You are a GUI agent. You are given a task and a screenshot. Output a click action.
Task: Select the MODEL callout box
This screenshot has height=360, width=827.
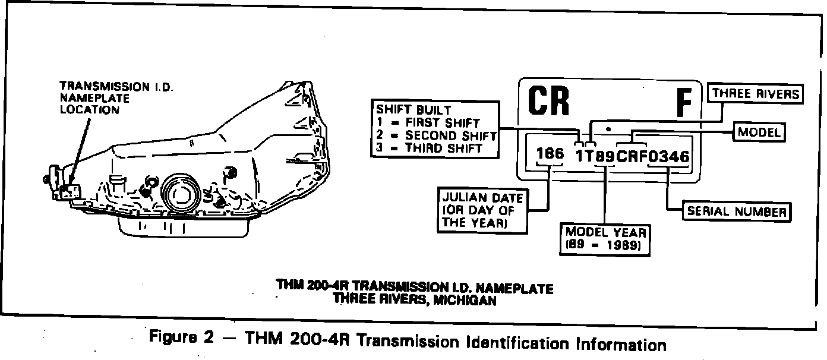tap(759, 132)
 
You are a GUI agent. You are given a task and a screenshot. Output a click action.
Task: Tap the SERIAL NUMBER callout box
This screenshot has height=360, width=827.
tap(737, 211)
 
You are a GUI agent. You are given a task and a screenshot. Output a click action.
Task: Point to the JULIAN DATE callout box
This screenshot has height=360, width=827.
tap(482, 210)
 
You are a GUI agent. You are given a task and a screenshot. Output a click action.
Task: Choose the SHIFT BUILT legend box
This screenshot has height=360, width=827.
tap(435, 129)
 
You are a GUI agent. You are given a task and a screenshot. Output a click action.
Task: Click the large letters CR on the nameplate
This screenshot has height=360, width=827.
tap(548, 101)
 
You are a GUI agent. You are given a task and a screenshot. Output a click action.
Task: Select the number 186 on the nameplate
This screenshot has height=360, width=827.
tap(550, 154)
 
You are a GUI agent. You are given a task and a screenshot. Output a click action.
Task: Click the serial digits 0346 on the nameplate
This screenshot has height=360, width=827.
tap(669, 157)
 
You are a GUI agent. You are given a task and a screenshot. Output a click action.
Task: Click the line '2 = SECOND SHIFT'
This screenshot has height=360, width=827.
tap(435, 135)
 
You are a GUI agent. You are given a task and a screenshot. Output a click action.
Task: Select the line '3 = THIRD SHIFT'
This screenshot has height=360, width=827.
tap(429, 148)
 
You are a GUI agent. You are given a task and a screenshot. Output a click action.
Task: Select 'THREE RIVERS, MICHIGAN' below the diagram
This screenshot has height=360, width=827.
tap(414, 300)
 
